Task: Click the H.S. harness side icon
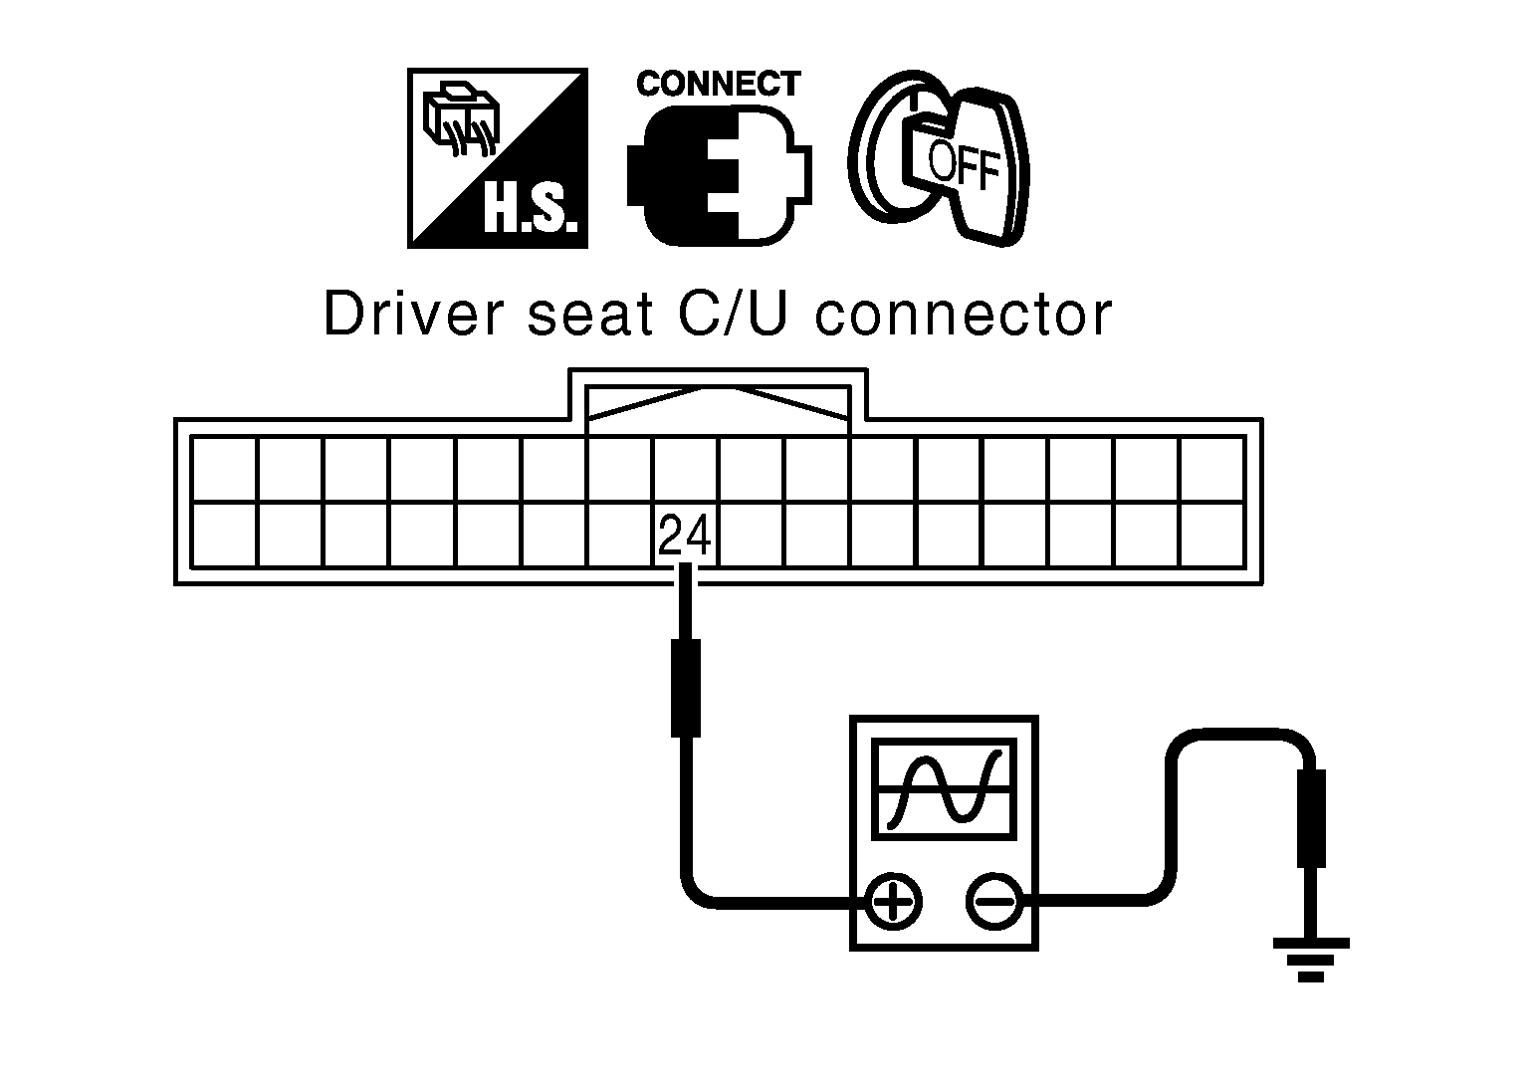(x=498, y=157)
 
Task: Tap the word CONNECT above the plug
(x=719, y=84)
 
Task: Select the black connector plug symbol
(x=720, y=175)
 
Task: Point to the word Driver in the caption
(x=414, y=314)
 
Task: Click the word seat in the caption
(x=590, y=316)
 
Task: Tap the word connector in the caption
(x=964, y=316)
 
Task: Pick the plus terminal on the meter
(x=893, y=902)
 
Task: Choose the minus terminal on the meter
(x=993, y=902)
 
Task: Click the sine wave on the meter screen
(x=945, y=789)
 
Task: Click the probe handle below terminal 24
(x=686, y=688)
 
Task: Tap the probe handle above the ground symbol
(x=1311, y=819)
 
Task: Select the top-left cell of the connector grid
(x=225, y=470)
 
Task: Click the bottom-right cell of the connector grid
(x=1211, y=536)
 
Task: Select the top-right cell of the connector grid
(x=1211, y=470)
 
